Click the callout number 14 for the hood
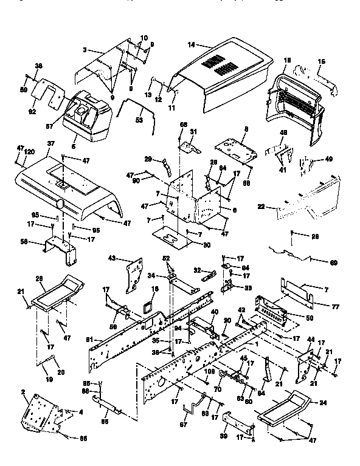tap(192, 44)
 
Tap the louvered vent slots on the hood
tap(217, 62)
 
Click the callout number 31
tap(193, 132)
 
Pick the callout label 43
tap(112, 259)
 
